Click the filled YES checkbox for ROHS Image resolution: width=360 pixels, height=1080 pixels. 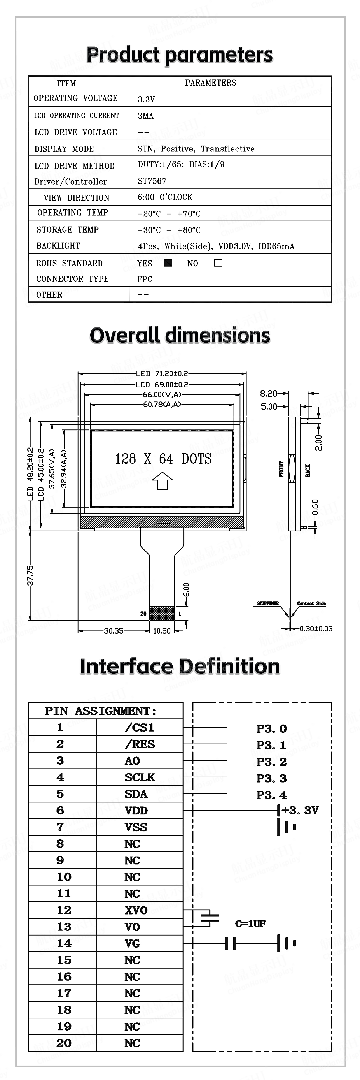coord(168,263)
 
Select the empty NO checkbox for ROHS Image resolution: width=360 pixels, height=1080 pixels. coord(218,263)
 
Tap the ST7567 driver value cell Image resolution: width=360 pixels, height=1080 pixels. coord(152,181)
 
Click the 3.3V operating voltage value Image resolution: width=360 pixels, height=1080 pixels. coord(146,99)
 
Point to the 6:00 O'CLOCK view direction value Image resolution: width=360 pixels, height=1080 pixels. coord(165,197)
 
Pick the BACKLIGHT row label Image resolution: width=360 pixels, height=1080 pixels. coord(58,246)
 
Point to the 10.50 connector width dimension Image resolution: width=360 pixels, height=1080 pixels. coord(162,631)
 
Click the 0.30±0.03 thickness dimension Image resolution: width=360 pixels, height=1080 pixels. coord(316,628)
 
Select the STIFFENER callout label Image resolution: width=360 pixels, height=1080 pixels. coord(267,603)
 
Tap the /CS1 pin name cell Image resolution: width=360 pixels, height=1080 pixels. coord(140,727)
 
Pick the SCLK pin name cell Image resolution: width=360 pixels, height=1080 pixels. coord(140,777)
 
